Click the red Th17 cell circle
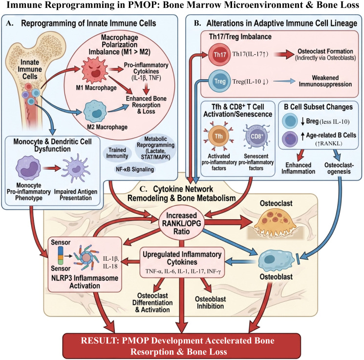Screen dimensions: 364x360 (219, 55)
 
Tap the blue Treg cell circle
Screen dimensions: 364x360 (219, 81)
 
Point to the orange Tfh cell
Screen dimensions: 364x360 (218, 136)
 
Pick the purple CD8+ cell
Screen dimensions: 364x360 (257, 136)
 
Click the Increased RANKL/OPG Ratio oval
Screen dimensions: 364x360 (182, 224)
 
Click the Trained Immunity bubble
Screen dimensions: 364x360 (117, 154)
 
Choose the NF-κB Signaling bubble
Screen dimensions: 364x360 (135, 169)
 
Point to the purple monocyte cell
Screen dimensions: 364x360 (28, 168)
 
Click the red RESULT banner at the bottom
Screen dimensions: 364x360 (182, 346)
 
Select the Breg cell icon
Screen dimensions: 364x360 (290, 121)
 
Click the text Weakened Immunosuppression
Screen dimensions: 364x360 (325, 81)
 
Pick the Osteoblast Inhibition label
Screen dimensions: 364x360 (210, 302)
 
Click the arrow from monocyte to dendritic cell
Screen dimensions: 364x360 (52, 168)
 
